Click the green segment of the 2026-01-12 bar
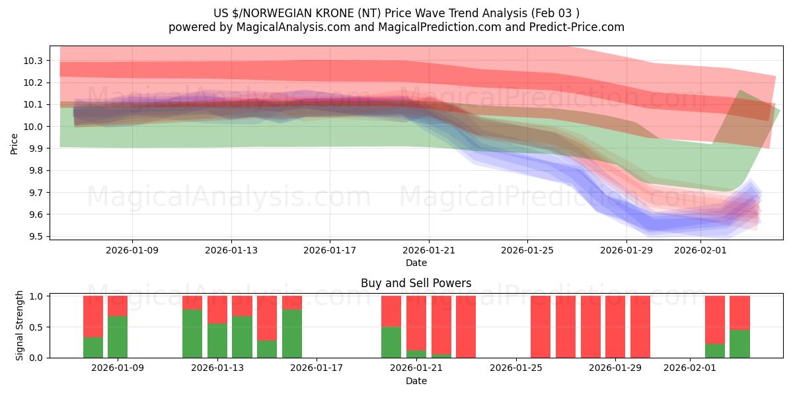click(x=192, y=333)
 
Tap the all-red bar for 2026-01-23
click(x=466, y=327)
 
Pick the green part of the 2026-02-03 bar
click(x=739, y=344)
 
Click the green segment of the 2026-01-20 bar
click(x=391, y=342)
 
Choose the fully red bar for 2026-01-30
click(x=640, y=327)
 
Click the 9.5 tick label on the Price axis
click(x=34, y=237)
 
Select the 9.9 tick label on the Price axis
click(x=34, y=148)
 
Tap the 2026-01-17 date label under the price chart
click(x=330, y=251)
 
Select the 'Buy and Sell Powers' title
click(x=416, y=283)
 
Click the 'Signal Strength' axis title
click(x=20, y=325)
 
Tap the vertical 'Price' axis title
click(x=15, y=143)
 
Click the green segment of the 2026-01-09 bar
click(x=118, y=337)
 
